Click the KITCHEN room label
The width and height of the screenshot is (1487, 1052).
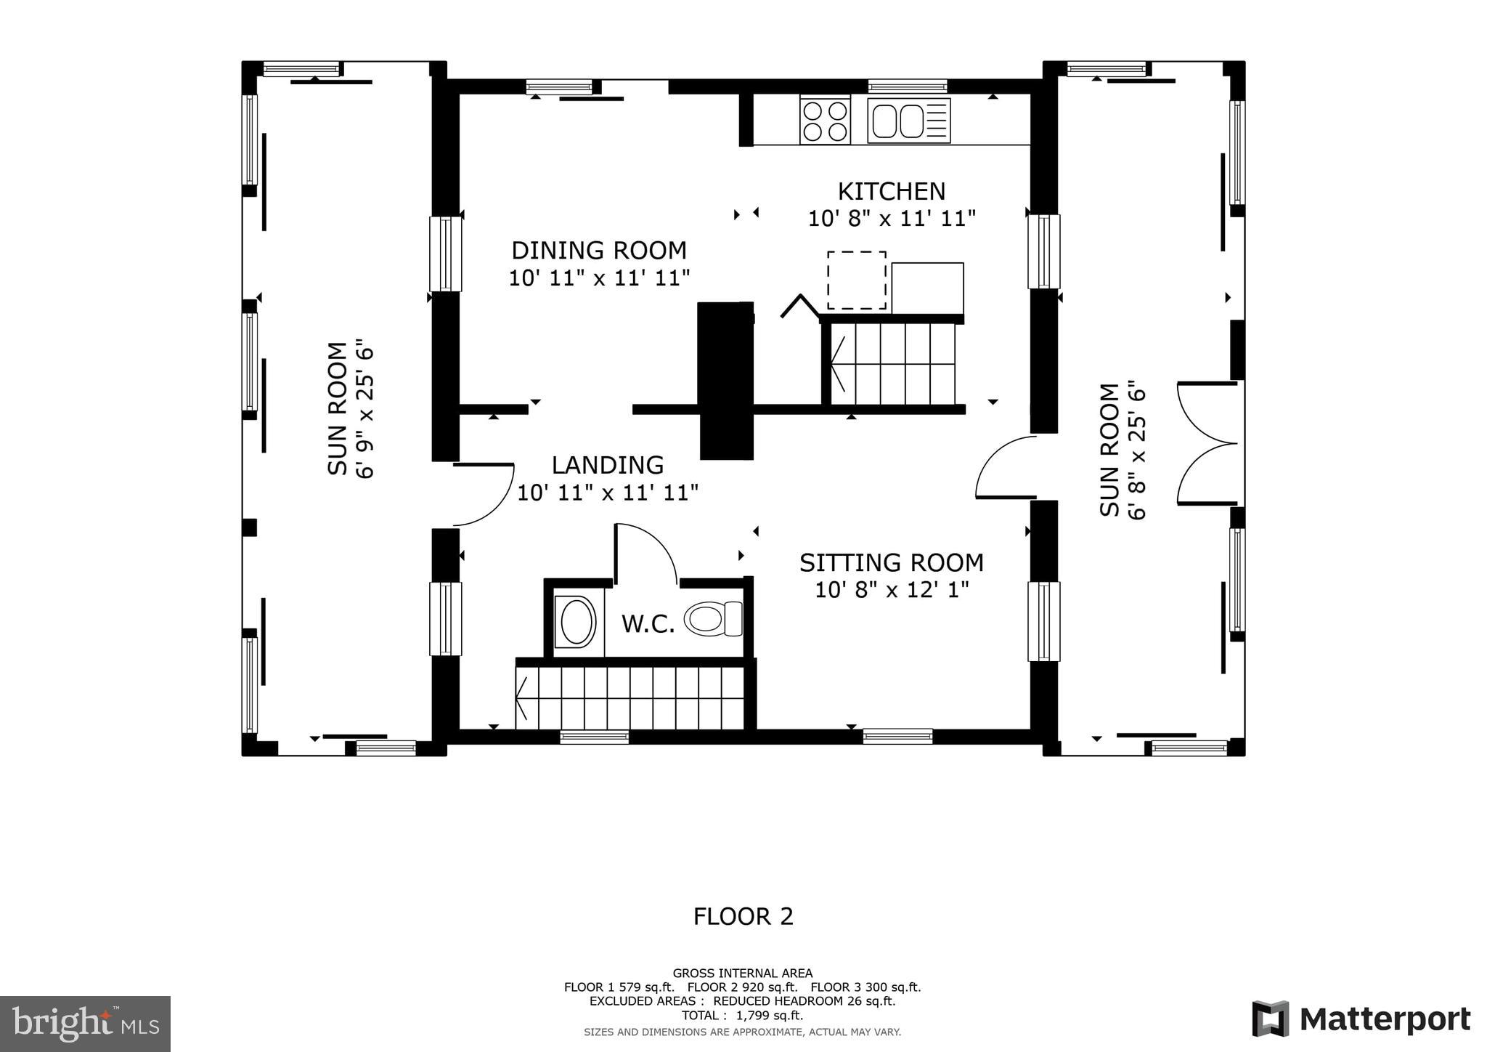coord(891,191)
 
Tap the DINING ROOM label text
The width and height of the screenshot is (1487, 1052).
coord(598,250)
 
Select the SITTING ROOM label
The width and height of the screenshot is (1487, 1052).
coord(891,562)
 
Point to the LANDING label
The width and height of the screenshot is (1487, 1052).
coord(607,465)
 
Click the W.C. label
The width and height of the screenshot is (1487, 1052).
coord(648,623)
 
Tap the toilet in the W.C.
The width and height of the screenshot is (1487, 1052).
coord(712,619)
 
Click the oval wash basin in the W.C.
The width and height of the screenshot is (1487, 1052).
coord(577,621)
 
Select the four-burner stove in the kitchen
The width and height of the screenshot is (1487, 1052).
coord(825,121)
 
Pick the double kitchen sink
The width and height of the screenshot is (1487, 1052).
coord(908,121)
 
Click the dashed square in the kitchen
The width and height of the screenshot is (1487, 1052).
coord(856,280)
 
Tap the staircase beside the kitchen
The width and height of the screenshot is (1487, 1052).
coord(893,363)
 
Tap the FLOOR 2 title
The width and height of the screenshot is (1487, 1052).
coord(743,917)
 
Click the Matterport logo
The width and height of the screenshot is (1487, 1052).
coord(1361,1019)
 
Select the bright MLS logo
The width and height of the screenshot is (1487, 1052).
coord(85,1024)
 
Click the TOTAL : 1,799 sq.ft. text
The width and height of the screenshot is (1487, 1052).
coord(742,1016)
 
